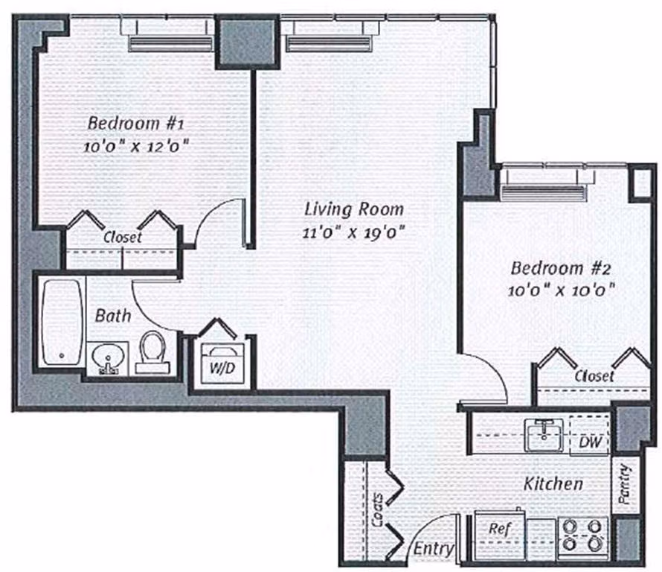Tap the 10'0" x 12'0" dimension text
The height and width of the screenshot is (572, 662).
point(134,146)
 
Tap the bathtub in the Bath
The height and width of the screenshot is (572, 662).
point(60,322)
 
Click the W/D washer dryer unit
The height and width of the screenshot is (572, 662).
point(221,362)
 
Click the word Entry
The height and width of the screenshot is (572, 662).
point(434,550)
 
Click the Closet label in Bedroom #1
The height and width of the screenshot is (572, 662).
point(123,238)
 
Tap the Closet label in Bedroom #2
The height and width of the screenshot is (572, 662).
point(594,376)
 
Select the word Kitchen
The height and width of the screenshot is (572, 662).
point(553,484)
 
